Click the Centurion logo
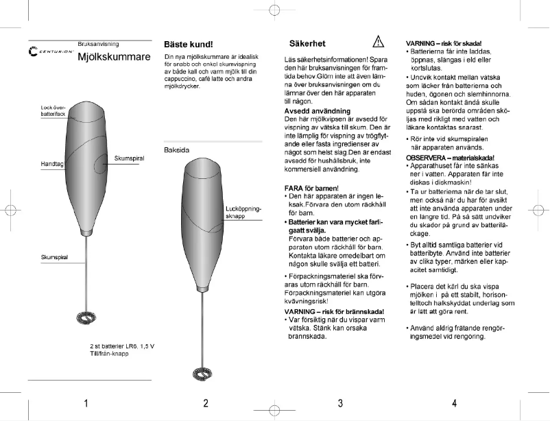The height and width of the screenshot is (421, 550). (51, 52)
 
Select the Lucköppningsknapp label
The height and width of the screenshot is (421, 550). (243, 212)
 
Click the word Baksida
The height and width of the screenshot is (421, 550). (177, 149)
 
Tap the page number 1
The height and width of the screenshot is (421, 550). (86, 402)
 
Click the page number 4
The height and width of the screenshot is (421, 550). (454, 402)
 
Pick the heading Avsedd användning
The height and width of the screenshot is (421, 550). (318, 110)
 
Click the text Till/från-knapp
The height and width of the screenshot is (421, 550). (110, 353)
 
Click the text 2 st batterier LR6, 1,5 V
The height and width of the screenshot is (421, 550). (122, 346)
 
